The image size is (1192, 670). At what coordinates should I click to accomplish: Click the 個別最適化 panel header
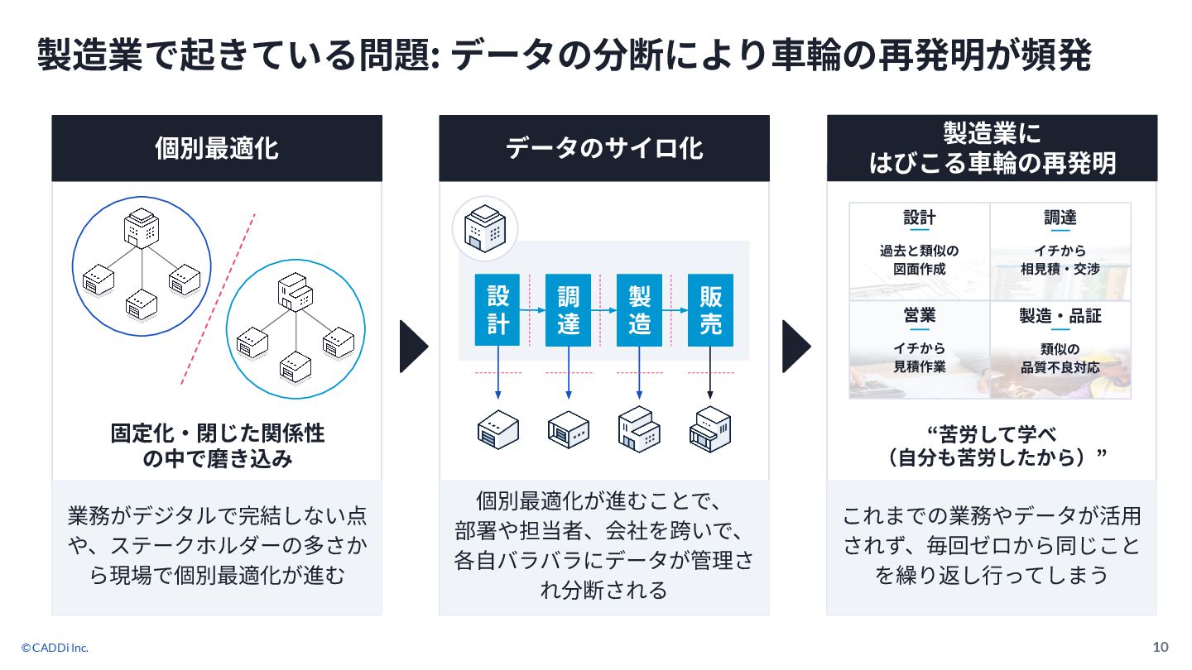point(216,148)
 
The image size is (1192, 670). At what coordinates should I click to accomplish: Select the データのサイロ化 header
point(603,148)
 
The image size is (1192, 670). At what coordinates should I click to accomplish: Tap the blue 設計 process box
point(497,309)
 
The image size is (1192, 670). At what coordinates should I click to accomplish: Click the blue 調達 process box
point(569,309)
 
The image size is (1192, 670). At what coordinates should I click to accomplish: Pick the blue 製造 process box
point(639,309)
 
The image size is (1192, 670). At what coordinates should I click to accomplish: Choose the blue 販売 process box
point(710,309)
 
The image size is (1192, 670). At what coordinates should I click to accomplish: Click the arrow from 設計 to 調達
point(533,310)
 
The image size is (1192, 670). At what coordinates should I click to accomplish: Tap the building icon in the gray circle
point(484,228)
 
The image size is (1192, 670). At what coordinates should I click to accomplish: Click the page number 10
point(1160,647)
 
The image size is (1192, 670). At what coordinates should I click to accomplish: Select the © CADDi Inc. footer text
point(55,648)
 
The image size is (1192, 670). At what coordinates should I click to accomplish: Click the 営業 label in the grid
point(919,316)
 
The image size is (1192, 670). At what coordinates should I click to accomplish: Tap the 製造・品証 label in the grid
point(1060,316)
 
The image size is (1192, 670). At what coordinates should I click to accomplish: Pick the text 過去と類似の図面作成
point(919,260)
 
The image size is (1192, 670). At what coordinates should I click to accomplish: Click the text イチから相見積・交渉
point(1060,260)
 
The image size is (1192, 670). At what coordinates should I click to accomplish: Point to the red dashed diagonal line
point(219,299)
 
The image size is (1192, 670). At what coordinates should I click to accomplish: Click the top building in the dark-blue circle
point(142,229)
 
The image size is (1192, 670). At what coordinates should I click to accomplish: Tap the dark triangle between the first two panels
point(414,346)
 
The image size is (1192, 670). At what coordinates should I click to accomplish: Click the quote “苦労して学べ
point(992,433)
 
